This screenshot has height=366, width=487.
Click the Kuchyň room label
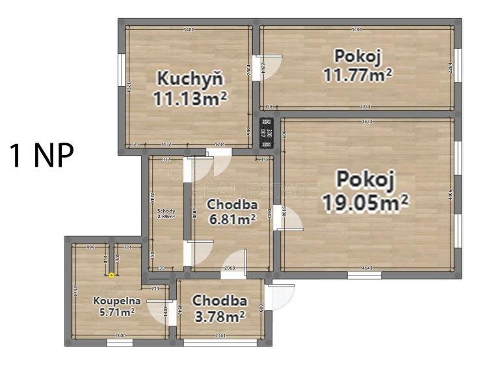pos(190,77)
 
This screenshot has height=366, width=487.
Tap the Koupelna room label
pos(114,302)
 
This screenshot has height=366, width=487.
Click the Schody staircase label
pos(166,211)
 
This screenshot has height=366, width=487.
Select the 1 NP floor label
pos(41,156)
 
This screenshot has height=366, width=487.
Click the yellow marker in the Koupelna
pos(111,275)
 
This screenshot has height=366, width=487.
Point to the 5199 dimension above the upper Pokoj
pos(357,29)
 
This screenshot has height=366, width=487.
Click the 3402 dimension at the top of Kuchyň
pos(189,29)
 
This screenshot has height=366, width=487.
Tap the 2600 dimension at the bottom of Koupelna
pos(120,336)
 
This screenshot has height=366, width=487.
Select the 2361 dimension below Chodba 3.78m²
pos(220,336)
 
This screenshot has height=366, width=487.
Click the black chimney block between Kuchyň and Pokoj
pos(265,132)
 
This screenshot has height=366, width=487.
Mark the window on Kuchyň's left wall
pos(121,71)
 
